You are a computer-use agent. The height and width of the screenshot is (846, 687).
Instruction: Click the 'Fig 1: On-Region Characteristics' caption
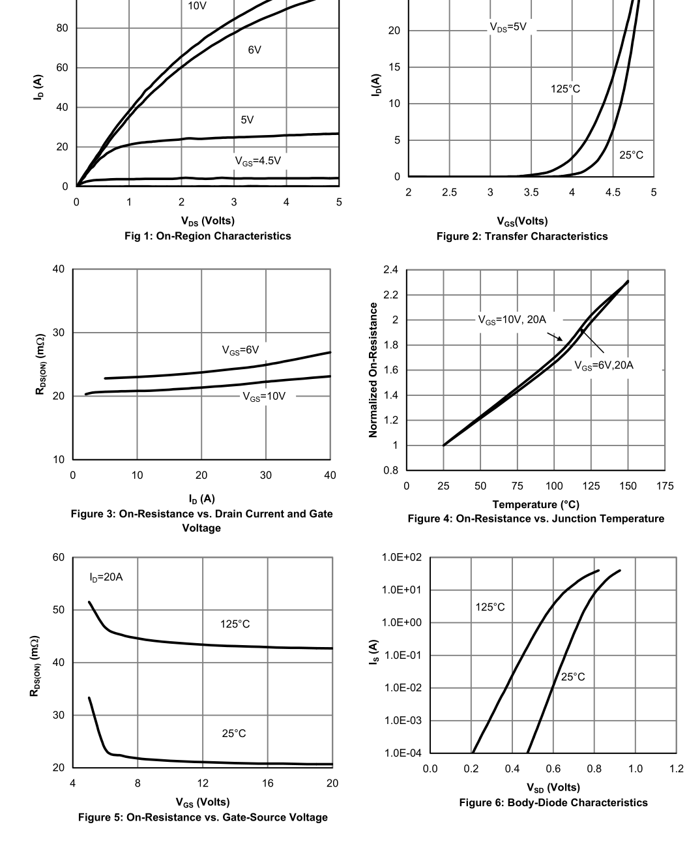(207, 236)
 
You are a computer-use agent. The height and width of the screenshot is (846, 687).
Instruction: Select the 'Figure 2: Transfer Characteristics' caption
(522, 237)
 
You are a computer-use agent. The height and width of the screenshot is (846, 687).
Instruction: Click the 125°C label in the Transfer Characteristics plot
(565, 89)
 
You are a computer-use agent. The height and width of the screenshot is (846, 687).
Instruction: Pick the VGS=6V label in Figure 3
(240, 350)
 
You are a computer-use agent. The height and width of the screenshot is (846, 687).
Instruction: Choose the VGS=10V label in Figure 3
(264, 396)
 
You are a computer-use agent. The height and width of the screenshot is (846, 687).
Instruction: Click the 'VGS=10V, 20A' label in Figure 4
(512, 320)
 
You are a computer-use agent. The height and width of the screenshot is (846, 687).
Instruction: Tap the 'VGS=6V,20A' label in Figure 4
(604, 365)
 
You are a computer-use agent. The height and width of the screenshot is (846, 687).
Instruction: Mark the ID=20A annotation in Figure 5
(106, 577)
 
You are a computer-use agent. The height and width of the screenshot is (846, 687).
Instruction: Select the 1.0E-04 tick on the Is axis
(403, 753)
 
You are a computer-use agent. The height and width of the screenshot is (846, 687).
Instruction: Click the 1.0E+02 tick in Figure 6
(403, 558)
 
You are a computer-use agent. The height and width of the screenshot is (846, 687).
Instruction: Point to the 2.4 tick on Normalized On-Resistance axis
(390, 270)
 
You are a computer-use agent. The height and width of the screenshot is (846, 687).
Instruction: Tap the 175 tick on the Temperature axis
(665, 486)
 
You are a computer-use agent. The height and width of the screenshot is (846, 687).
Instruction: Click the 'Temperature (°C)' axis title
(535, 504)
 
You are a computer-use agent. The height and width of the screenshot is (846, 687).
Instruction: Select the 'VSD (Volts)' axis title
(554, 788)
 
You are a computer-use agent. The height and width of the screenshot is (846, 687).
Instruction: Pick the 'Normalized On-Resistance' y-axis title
(373, 370)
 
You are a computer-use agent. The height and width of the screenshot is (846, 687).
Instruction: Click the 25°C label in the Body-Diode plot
(573, 677)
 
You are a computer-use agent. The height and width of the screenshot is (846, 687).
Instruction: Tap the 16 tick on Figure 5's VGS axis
(268, 783)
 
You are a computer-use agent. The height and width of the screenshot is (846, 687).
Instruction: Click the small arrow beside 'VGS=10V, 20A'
(555, 337)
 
